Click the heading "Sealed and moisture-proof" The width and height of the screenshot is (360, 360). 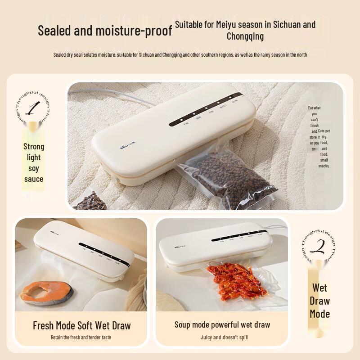(104, 31)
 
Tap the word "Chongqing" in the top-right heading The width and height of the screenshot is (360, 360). (245, 36)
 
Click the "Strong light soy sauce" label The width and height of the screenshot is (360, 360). (34, 162)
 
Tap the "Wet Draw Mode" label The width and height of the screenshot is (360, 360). (319, 301)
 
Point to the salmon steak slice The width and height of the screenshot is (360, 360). (47, 292)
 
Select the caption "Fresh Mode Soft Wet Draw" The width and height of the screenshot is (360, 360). (81, 325)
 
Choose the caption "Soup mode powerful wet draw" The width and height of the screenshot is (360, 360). (222, 324)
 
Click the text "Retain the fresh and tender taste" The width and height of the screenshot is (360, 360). (81, 337)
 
